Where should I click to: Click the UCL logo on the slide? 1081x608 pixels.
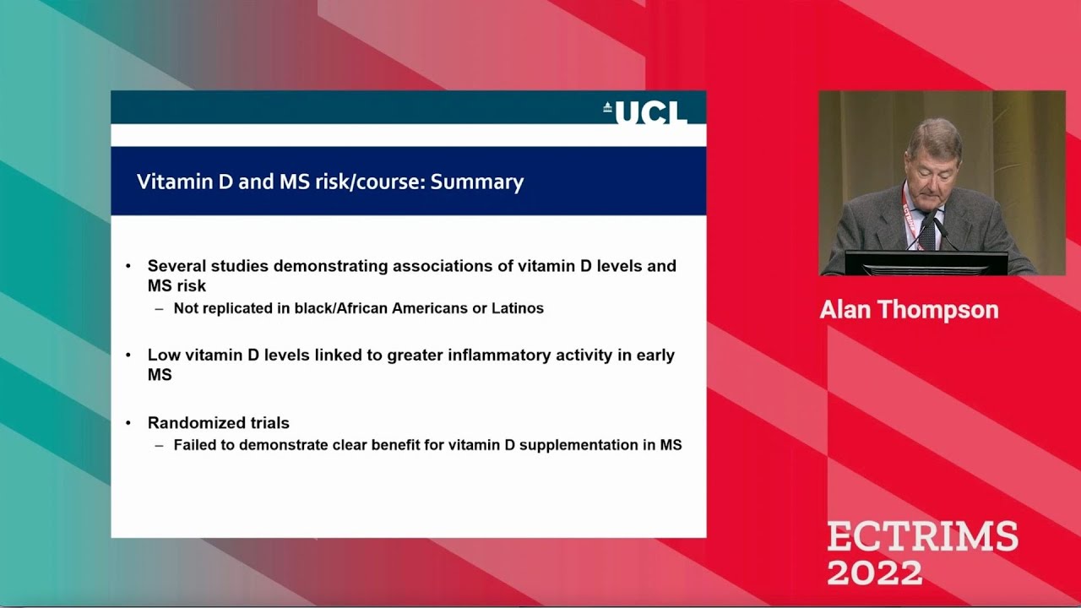pyautogui.click(x=645, y=111)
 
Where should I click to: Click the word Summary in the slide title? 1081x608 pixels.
pyautogui.click(x=477, y=182)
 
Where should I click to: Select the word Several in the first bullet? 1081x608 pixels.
pyautogui.click(x=177, y=266)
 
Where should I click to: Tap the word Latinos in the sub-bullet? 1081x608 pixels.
pyautogui.click(x=517, y=308)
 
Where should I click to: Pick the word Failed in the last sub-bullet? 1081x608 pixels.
pyautogui.click(x=193, y=444)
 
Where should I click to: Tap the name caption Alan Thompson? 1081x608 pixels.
pyautogui.click(x=909, y=310)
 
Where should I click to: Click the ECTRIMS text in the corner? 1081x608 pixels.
pyautogui.click(x=922, y=536)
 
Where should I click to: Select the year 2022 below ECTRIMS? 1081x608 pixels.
pyautogui.click(x=874, y=572)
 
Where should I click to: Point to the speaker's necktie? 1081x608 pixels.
pyautogui.click(x=928, y=232)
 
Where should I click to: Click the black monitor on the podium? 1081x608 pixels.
pyautogui.click(x=926, y=263)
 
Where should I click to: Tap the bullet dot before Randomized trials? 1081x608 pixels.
pyautogui.click(x=128, y=423)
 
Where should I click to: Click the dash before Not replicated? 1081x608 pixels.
pyautogui.click(x=159, y=308)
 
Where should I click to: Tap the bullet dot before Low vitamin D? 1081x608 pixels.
pyautogui.click(x=128, y=355)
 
